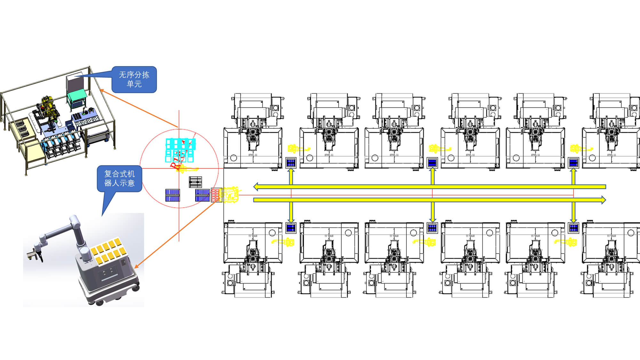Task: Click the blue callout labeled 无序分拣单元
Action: pyautogui.click(x=134, y=79)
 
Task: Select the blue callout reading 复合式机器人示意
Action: pyautogui.click(x=119, y=179)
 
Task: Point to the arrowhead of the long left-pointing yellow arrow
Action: pyautogui.click(x=256, y=187)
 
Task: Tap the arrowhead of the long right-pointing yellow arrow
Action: pyautogui.click(x=603, y=200)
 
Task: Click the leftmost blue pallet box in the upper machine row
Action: pyautogui.click(x=291, y=163)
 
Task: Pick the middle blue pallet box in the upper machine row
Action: pyautogui.click(x=432, y=163)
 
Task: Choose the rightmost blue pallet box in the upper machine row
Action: pyautogui.click(x=573, y=163)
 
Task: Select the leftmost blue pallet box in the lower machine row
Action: pyautogui.click(x=291, y=228)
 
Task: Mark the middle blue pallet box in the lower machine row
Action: pyautogui.click(x=432, y=228)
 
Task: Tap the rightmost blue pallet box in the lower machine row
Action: pyautogui.click(x=573, y=228)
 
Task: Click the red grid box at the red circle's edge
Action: pyautogui.click(x=216, y=195)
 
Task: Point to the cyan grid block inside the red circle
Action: pyautogui.click(x=180, y=150)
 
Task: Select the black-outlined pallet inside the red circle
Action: pyautogui.click(x=195, y=182)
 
